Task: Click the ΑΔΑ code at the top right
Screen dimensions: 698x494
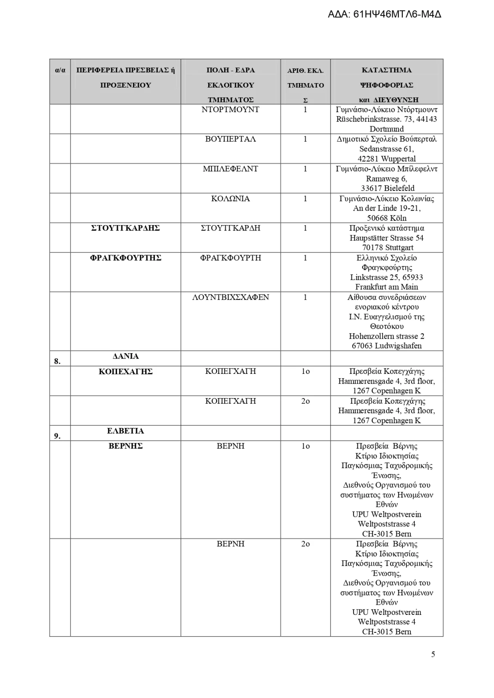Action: [x=384, y=15]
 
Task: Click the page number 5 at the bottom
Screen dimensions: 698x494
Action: [x=433, y=654]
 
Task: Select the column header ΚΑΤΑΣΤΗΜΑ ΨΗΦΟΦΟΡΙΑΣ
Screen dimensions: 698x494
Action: [x=386, y=78]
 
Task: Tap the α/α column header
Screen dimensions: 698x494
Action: [x=60, y=70]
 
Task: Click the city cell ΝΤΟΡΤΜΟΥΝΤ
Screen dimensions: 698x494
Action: [x=230, y=110]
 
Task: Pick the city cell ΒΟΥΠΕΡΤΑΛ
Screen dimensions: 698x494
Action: [x=230, y=139]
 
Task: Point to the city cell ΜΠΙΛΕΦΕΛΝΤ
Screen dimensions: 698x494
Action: [x=230, y=169]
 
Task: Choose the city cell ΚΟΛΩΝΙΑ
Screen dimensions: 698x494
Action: [x=230, y=199]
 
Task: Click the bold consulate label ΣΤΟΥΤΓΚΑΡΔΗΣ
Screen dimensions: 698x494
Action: [x=125, y=228]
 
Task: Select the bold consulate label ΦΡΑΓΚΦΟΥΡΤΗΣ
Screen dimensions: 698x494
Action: [x=125, y=258]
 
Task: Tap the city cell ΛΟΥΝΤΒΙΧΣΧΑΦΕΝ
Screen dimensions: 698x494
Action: [x=230, y=297]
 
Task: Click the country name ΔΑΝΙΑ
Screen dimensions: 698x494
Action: [x=125, y=356]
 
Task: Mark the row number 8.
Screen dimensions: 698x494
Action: [x=57, y=361]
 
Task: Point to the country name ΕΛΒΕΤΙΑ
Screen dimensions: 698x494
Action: [x=125, y=431]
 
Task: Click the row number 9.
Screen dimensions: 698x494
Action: [x=57, y=436]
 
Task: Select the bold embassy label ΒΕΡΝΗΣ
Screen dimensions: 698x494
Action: [x=125, y=446]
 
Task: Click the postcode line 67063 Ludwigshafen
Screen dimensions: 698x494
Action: [x=386, y=346]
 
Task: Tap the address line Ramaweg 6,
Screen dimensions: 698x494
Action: [x=386, y=179]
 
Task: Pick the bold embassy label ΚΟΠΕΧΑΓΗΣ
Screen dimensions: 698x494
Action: [x=125, y=372]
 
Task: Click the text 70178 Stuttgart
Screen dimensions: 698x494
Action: [x=386, y=248]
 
